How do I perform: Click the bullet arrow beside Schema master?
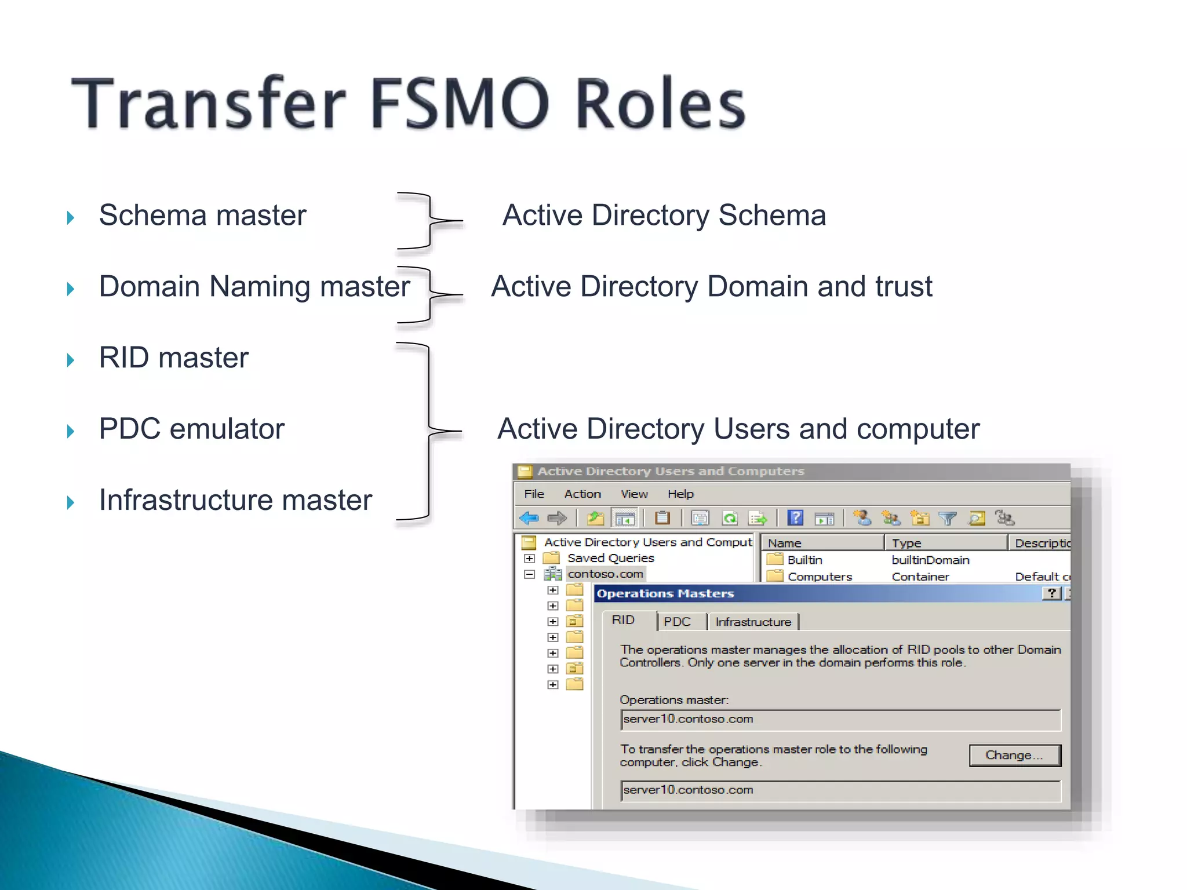click(x=71, y=218)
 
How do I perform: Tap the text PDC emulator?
click(x=191, y=429)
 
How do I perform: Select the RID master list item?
click(x=173, y=358)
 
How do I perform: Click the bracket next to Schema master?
click(x=429, y=221)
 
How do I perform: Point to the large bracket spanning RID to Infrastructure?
click(x=429, y=431)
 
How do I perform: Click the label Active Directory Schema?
click(x=664, y=216)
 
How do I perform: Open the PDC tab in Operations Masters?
click(x=677, y=622)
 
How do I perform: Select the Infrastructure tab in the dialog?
click(x=753, y=622)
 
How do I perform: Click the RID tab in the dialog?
click(x=624, y=620)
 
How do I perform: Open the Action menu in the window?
click(x=582, y=494)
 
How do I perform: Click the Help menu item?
click(x=680, y=494)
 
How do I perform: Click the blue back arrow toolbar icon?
click(x=529, y=518)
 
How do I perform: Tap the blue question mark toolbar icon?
click(x=796, y=517)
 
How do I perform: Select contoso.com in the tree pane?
click(x=605, y=574)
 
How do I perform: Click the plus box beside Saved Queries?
click(x=529, y=559)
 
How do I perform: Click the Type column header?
click(x=906, y=543)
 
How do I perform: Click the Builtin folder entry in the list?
click(x=804, y=560)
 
